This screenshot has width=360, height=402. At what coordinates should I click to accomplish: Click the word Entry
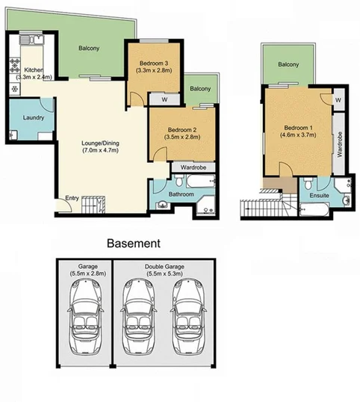[x=72, y=198]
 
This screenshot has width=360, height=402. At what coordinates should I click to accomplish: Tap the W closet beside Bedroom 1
[x=338, y=100]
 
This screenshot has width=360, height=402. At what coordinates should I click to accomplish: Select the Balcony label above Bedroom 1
[x=288, y=65]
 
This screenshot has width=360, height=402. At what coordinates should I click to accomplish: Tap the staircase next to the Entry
[x=94, y=202]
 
